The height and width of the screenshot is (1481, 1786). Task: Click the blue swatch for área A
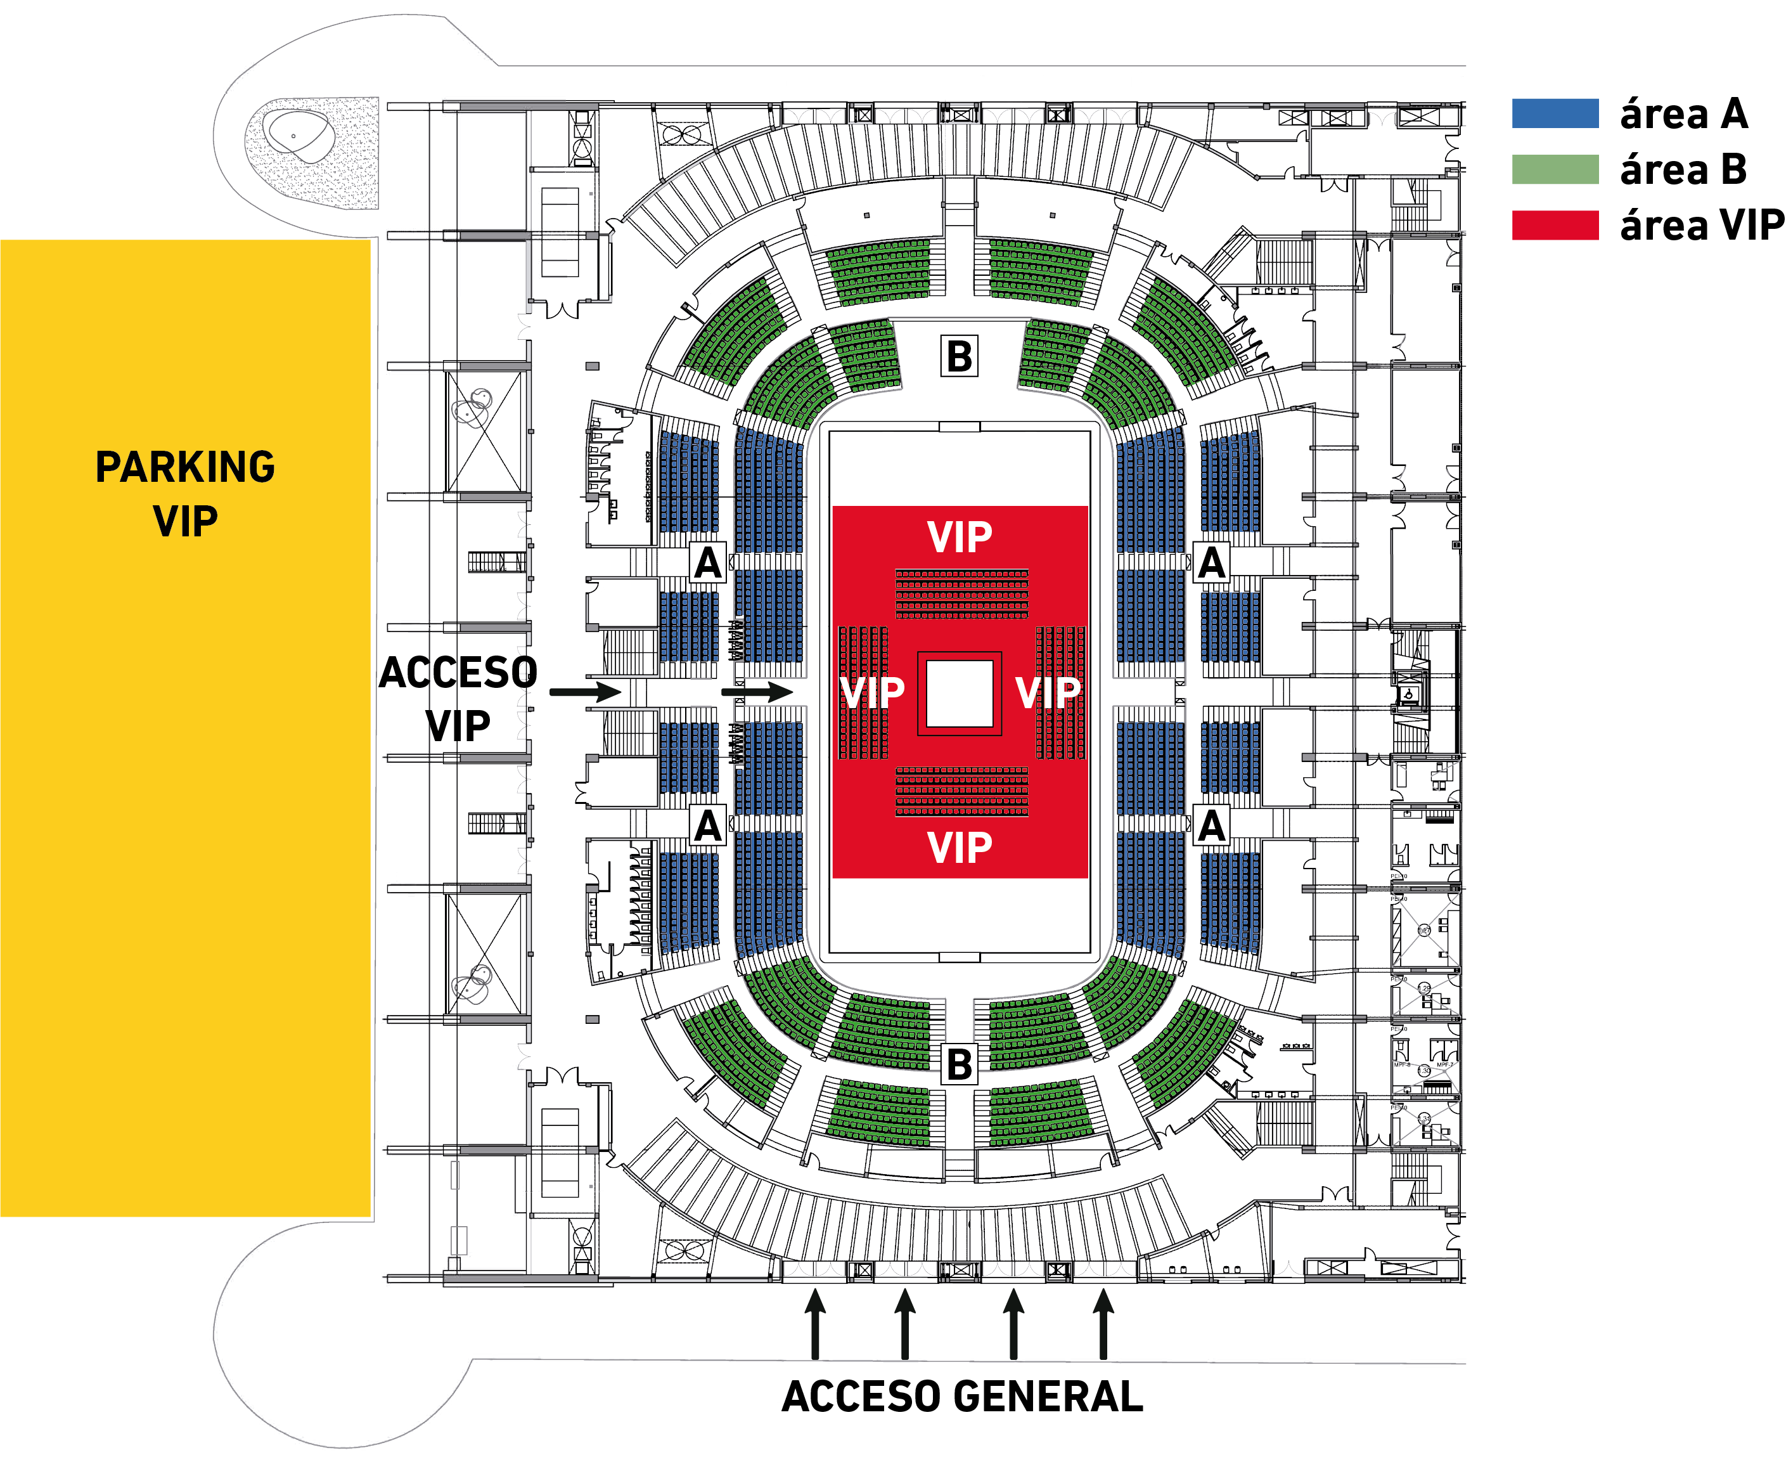coord(1554,113)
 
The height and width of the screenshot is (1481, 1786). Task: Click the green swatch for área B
coord(1554,169)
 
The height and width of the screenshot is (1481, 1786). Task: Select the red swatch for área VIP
coord(1554,226)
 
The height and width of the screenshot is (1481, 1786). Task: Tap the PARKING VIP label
coord(186,493)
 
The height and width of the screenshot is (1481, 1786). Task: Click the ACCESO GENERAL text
coord(962,1396)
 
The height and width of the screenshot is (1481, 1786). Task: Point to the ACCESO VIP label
coord(458,699)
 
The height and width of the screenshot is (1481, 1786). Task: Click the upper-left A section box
coord(707,562)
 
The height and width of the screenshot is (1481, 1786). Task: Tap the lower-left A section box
coord(707,825)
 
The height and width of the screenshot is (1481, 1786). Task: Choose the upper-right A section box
coord(1211,562)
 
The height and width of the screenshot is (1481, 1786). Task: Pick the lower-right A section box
coord(1211,825)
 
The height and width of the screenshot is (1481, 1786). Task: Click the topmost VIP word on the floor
coord(960,537)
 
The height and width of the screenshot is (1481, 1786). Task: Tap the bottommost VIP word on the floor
coord(960,847)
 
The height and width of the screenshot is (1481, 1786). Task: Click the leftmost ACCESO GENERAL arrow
coord(815,1322)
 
